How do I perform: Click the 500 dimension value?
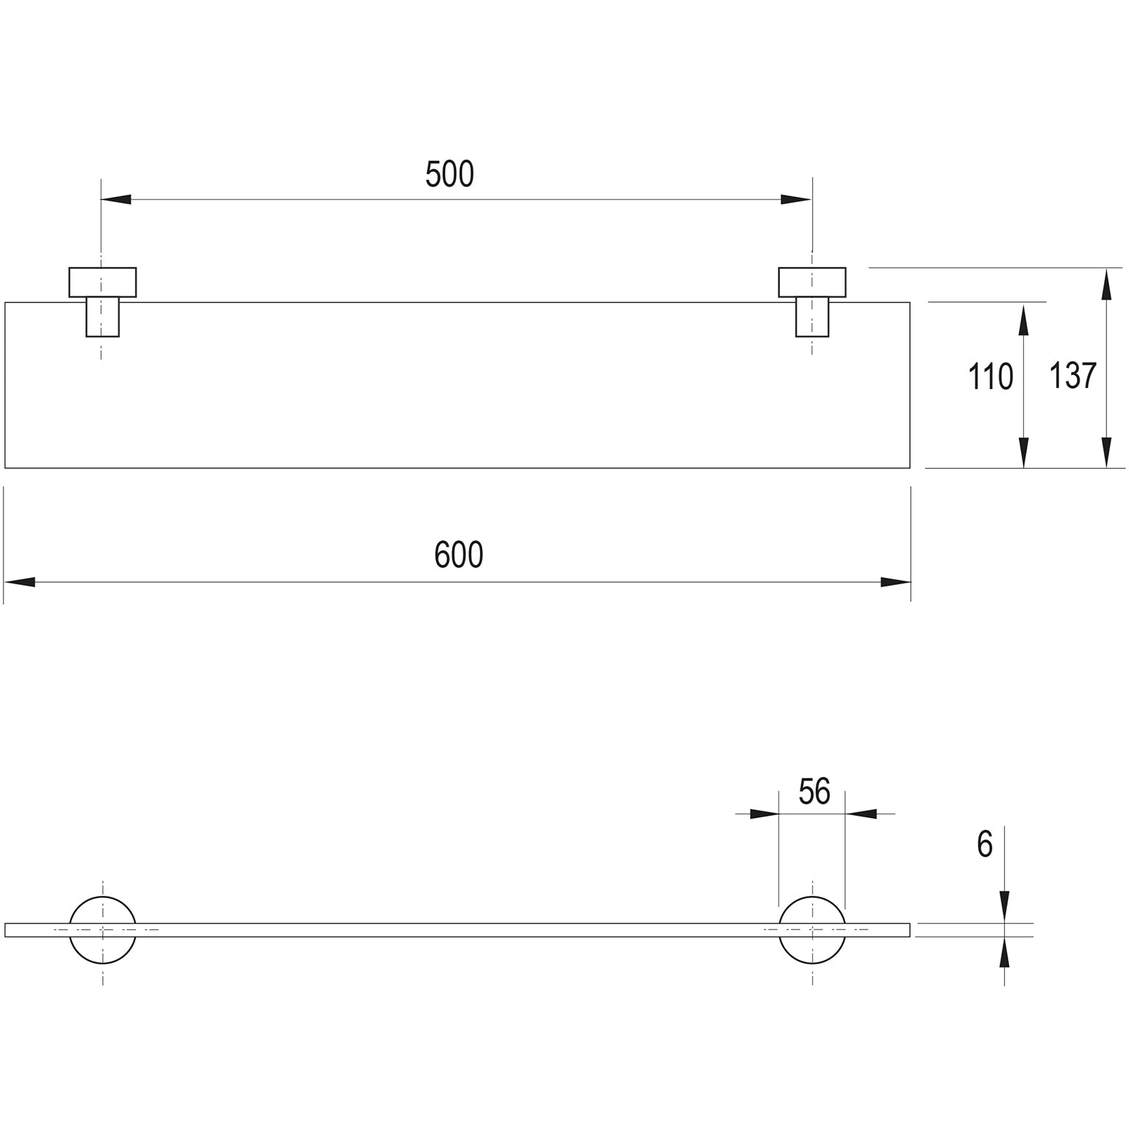(450, 174)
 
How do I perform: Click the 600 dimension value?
(459, 555)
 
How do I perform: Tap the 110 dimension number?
(990, 377)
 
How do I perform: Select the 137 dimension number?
(1072, 376)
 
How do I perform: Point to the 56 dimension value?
(814, 792)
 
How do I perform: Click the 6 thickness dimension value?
(985, 845)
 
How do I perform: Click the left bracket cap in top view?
(103, 282)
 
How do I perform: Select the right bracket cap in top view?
(812, 282)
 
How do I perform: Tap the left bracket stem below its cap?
(103, 317)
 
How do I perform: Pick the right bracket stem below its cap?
(812, 317)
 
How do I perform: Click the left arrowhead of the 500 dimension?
(116, 199)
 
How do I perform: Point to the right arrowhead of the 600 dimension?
(896, 582)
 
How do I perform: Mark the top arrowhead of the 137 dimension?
(1105, 283)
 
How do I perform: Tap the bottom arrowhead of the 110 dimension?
(1023, 453)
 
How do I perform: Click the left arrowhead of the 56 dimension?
(764, 814)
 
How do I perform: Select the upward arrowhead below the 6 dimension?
(1005, 952)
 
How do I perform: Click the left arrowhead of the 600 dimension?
(19, 582)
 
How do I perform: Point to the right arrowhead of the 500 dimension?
(797, 199)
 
